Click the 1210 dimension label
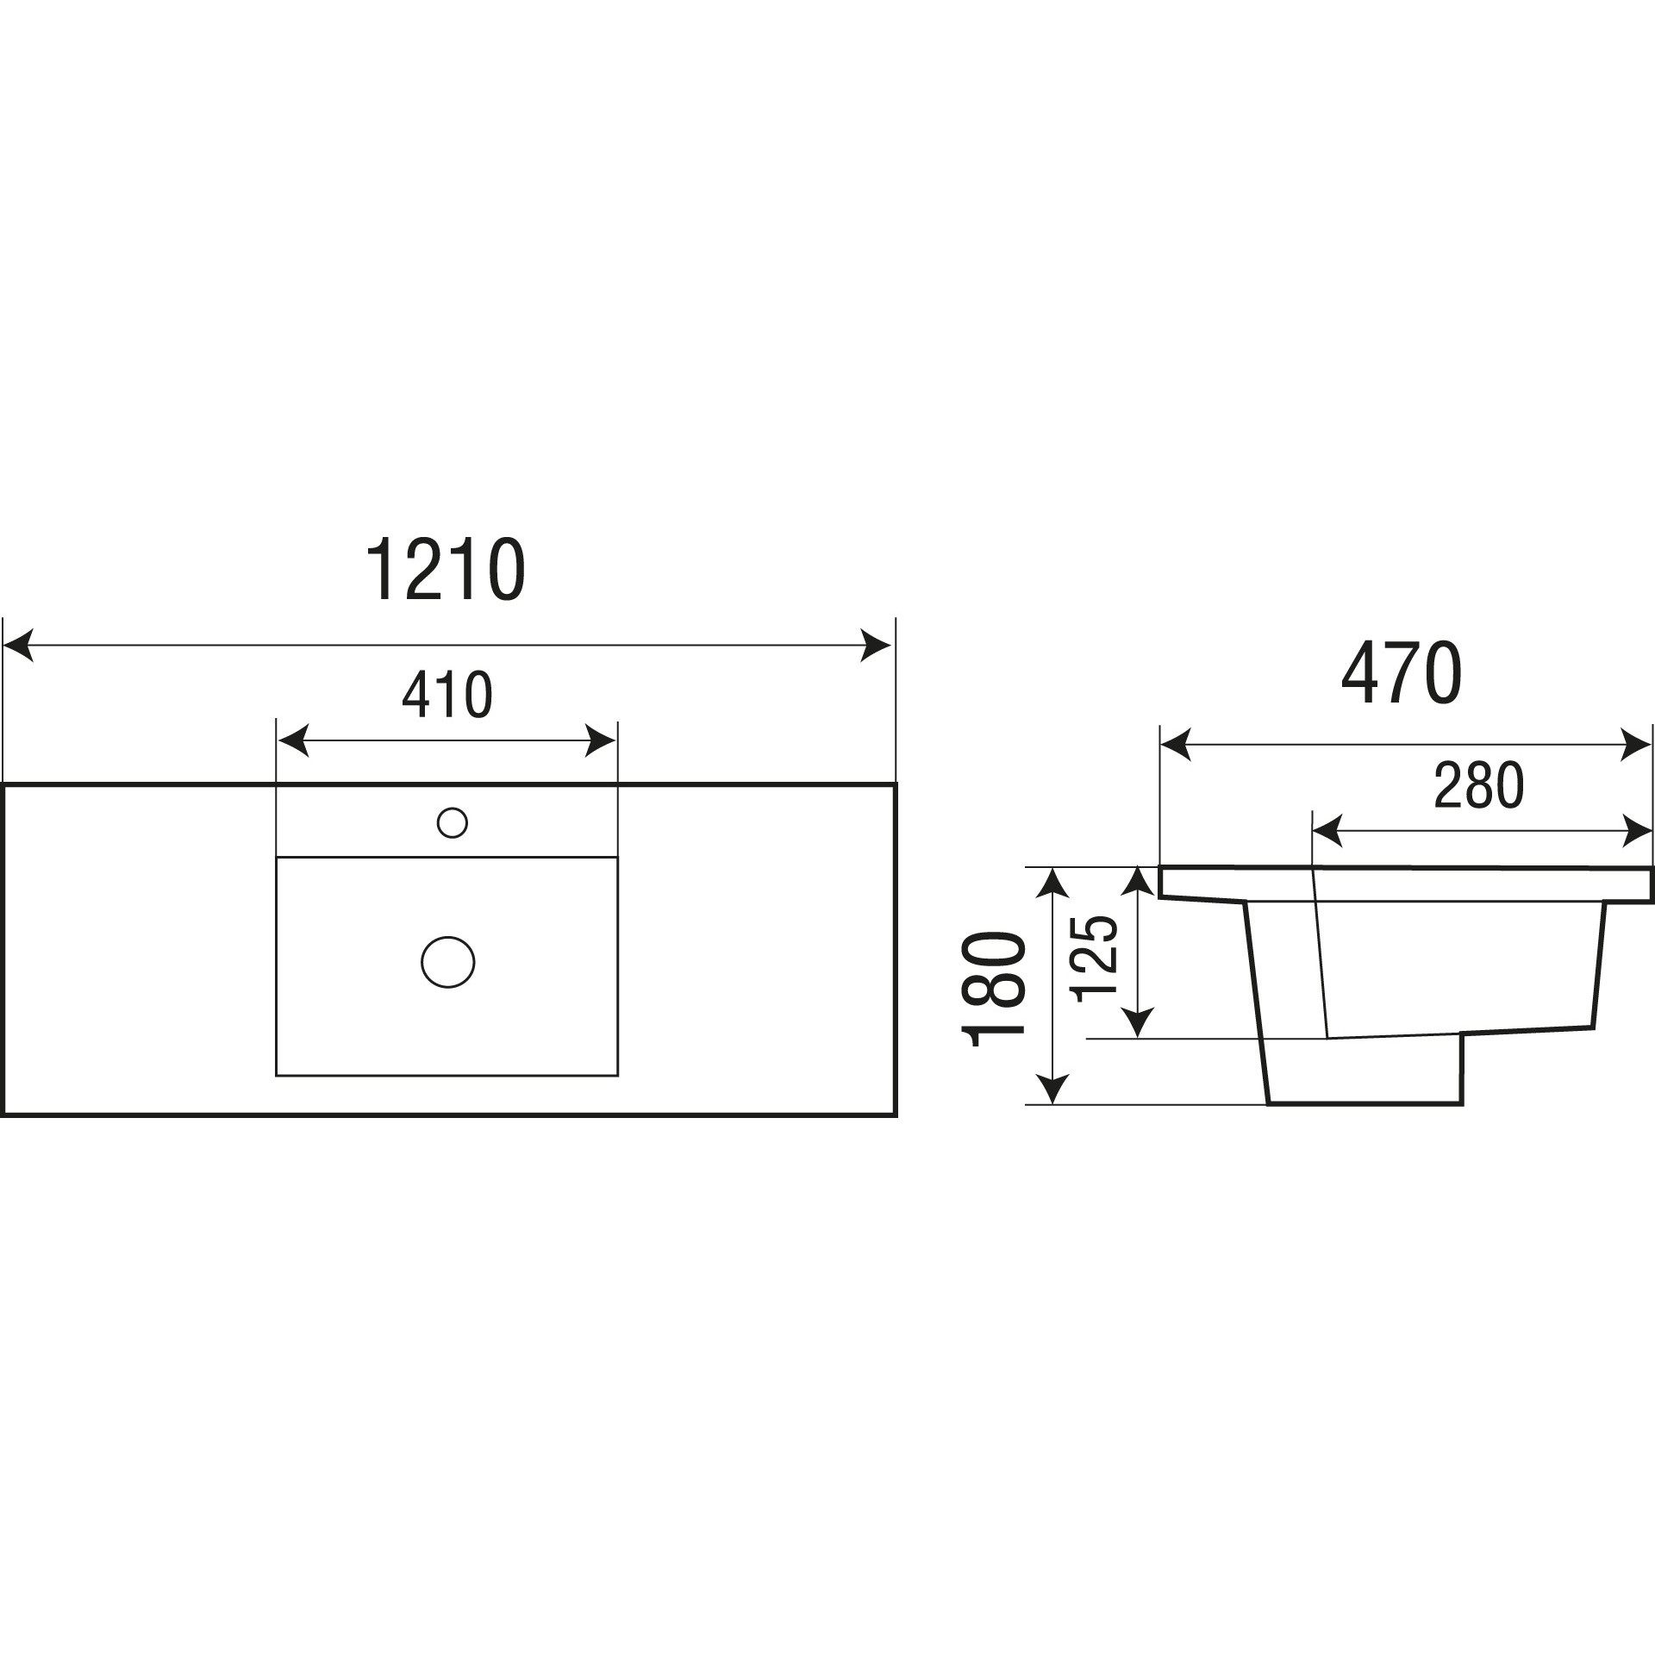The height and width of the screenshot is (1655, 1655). [446, 570]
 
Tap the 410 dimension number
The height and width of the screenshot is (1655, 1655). [447, 695]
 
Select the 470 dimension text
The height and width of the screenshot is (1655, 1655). [1402, 673]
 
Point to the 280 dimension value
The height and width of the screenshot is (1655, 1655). [1479, 785]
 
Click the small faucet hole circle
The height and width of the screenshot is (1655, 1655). [453, 822]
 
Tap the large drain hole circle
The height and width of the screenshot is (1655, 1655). [448, 962]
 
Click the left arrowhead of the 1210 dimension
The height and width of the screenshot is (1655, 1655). [19, 645]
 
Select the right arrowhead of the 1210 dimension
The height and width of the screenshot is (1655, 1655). [876, 645]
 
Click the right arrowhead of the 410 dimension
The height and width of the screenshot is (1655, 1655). [600, 740]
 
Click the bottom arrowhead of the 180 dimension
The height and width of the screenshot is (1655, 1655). [1052, 1089]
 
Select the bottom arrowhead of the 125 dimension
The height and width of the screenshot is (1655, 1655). [1139, 1023]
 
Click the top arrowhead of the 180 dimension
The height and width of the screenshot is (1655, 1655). [1052, 884]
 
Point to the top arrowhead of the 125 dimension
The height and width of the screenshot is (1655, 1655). [1139, 884]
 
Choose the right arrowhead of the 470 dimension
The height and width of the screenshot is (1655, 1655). [1636, 745]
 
